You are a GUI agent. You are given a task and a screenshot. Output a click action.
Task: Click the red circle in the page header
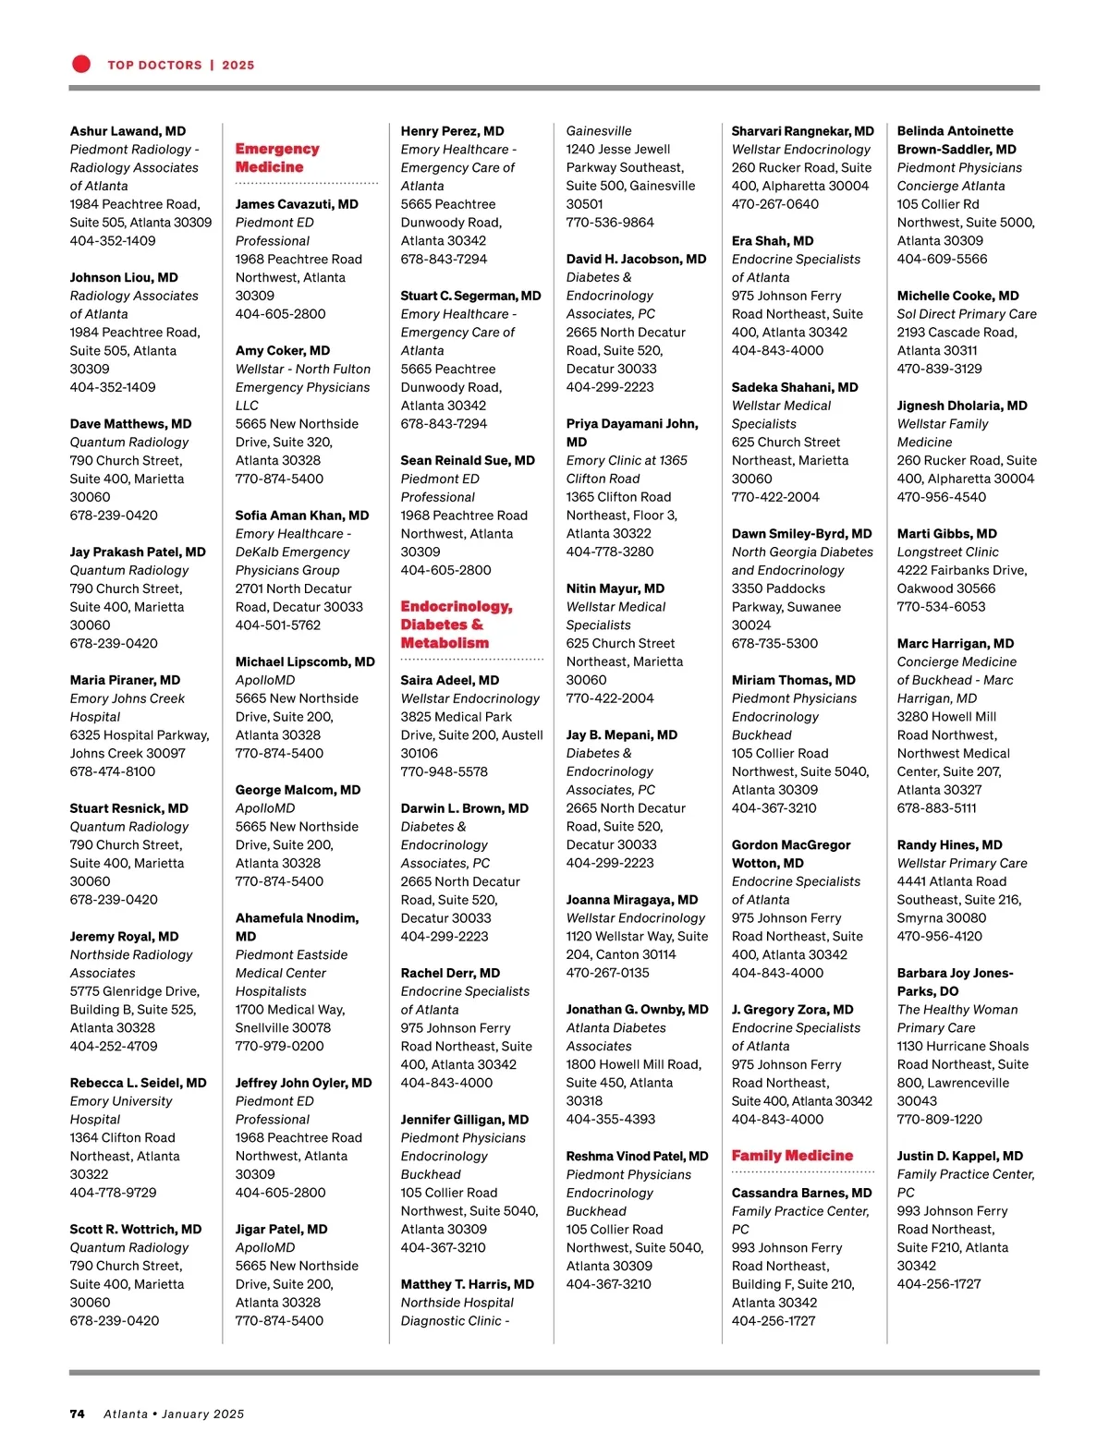(x=81, y=64)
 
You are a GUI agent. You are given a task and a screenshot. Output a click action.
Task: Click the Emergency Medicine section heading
(x=277, y=158)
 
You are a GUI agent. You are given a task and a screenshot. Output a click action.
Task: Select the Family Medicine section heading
(x=792, y=1156)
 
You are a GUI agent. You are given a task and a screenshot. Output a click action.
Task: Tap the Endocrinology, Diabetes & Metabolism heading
(x=456, y=625)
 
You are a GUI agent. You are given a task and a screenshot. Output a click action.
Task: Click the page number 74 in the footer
(x=78, y=1414)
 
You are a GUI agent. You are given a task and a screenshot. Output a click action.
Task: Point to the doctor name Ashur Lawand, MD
(x=128, y=131)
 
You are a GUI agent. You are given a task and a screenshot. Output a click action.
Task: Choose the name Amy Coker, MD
(x=282, y=351)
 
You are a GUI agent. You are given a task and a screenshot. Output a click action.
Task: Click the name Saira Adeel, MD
(x=449, y=680)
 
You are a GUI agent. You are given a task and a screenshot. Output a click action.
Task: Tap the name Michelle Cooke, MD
(x=957, y=296)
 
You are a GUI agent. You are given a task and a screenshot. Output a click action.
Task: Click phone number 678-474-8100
(x=113, y=771)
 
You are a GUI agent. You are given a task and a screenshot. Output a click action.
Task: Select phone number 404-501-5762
(x=278, y=625)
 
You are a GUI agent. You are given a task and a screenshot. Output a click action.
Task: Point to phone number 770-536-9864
(x=610, y=223)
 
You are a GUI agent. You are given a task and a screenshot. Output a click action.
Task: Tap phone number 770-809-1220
(x=940, y=1120)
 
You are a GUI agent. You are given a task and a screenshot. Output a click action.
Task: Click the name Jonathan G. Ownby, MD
(x=637, y=1010)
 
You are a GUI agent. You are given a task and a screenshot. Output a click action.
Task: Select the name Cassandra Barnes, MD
(x=801, y=1193)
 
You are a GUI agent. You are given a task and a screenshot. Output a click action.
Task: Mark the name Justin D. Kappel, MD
(x=959, y=1157)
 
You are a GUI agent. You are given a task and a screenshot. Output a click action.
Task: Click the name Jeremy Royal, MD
(x=124, y=937)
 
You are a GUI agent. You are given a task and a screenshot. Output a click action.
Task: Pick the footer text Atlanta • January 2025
(x=174, y=1414)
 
